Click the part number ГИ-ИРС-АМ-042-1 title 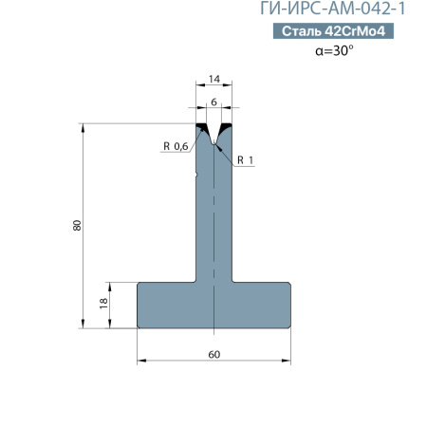[x=333, y=9]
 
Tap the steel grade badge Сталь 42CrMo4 [x=333, y=31]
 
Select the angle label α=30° [x=334, y=50]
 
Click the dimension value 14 [x=214, y=79]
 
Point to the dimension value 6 [x=213, y=102]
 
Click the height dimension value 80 [x=77, y=225]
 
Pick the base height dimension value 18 [x=103, y=303]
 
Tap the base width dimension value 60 [x=214, y=354]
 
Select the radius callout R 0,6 [x=176, y=146]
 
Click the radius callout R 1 [x=246, y=160]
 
